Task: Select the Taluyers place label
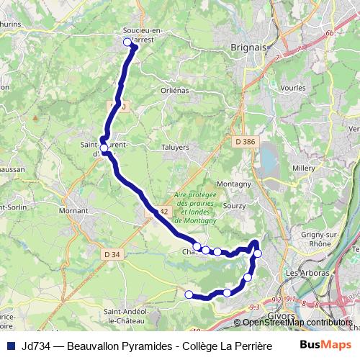pos(175,147)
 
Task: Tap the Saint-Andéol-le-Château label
pos(128,315)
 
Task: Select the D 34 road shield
pos(111,253)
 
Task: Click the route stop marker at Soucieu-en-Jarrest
pos(128,42)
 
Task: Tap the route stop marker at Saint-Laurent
pos(104,148)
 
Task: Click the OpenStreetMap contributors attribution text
pos(297,322)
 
